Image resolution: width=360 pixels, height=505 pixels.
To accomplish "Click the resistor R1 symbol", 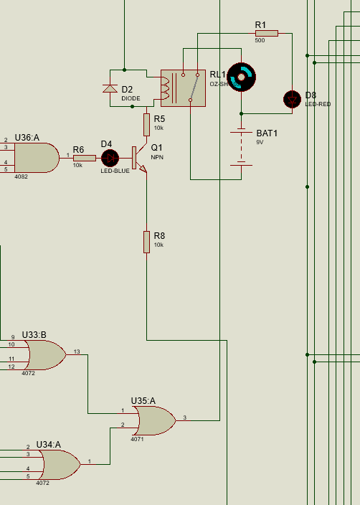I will point(266,33).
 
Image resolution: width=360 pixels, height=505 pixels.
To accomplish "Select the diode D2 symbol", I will point(110,88).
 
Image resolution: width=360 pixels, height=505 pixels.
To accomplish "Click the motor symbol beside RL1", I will point(241,75).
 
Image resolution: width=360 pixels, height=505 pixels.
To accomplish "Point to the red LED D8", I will point(292,99).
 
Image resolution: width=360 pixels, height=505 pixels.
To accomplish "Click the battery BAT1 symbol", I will point(241,147).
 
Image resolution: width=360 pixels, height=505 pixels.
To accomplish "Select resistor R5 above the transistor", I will point(146,124).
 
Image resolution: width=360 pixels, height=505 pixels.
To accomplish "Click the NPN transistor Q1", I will point(138,159).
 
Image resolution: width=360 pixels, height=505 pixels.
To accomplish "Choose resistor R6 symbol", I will point(84,158).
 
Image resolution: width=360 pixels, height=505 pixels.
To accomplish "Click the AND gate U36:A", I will point(37,157).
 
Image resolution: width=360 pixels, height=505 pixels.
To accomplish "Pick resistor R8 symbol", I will point(146,242).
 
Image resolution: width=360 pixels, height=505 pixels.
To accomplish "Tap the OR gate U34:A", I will point(59,465).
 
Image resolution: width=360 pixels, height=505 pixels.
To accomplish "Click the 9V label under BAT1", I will point(260,143).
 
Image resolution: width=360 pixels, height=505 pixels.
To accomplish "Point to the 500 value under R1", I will point(260,40).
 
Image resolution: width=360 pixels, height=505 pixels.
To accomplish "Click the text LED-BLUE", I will point(115,171).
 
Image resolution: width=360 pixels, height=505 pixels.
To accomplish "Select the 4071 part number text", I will point(137,439).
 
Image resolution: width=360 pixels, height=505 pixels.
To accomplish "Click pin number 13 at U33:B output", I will point(77,351).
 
